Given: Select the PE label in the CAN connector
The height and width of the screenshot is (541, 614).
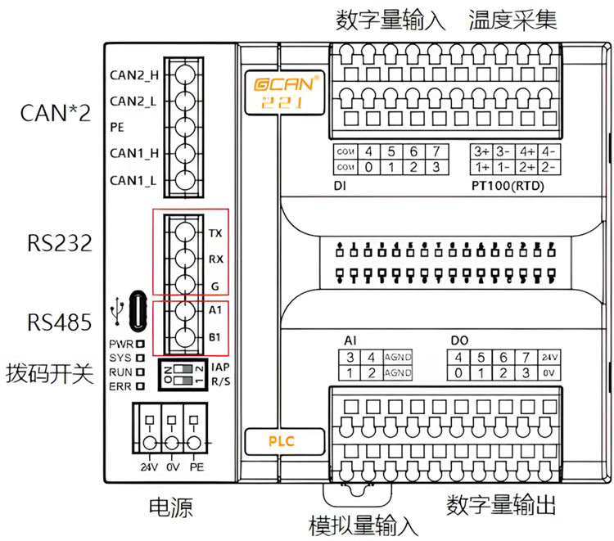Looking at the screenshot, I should click(x=117, y=128).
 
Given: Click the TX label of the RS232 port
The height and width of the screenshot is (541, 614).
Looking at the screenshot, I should click(x=215, y=233).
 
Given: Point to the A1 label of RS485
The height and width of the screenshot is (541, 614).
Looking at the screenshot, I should click(x=216, y=311).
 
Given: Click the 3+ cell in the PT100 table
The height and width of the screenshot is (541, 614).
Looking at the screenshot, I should click(x=481, y=151).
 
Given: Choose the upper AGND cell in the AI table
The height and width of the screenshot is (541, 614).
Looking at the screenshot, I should click(x=399, y=358).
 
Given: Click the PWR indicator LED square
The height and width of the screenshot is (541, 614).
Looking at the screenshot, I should click(x=141, y=345).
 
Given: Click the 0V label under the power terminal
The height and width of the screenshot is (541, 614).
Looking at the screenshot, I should click(x=172, y=468).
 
